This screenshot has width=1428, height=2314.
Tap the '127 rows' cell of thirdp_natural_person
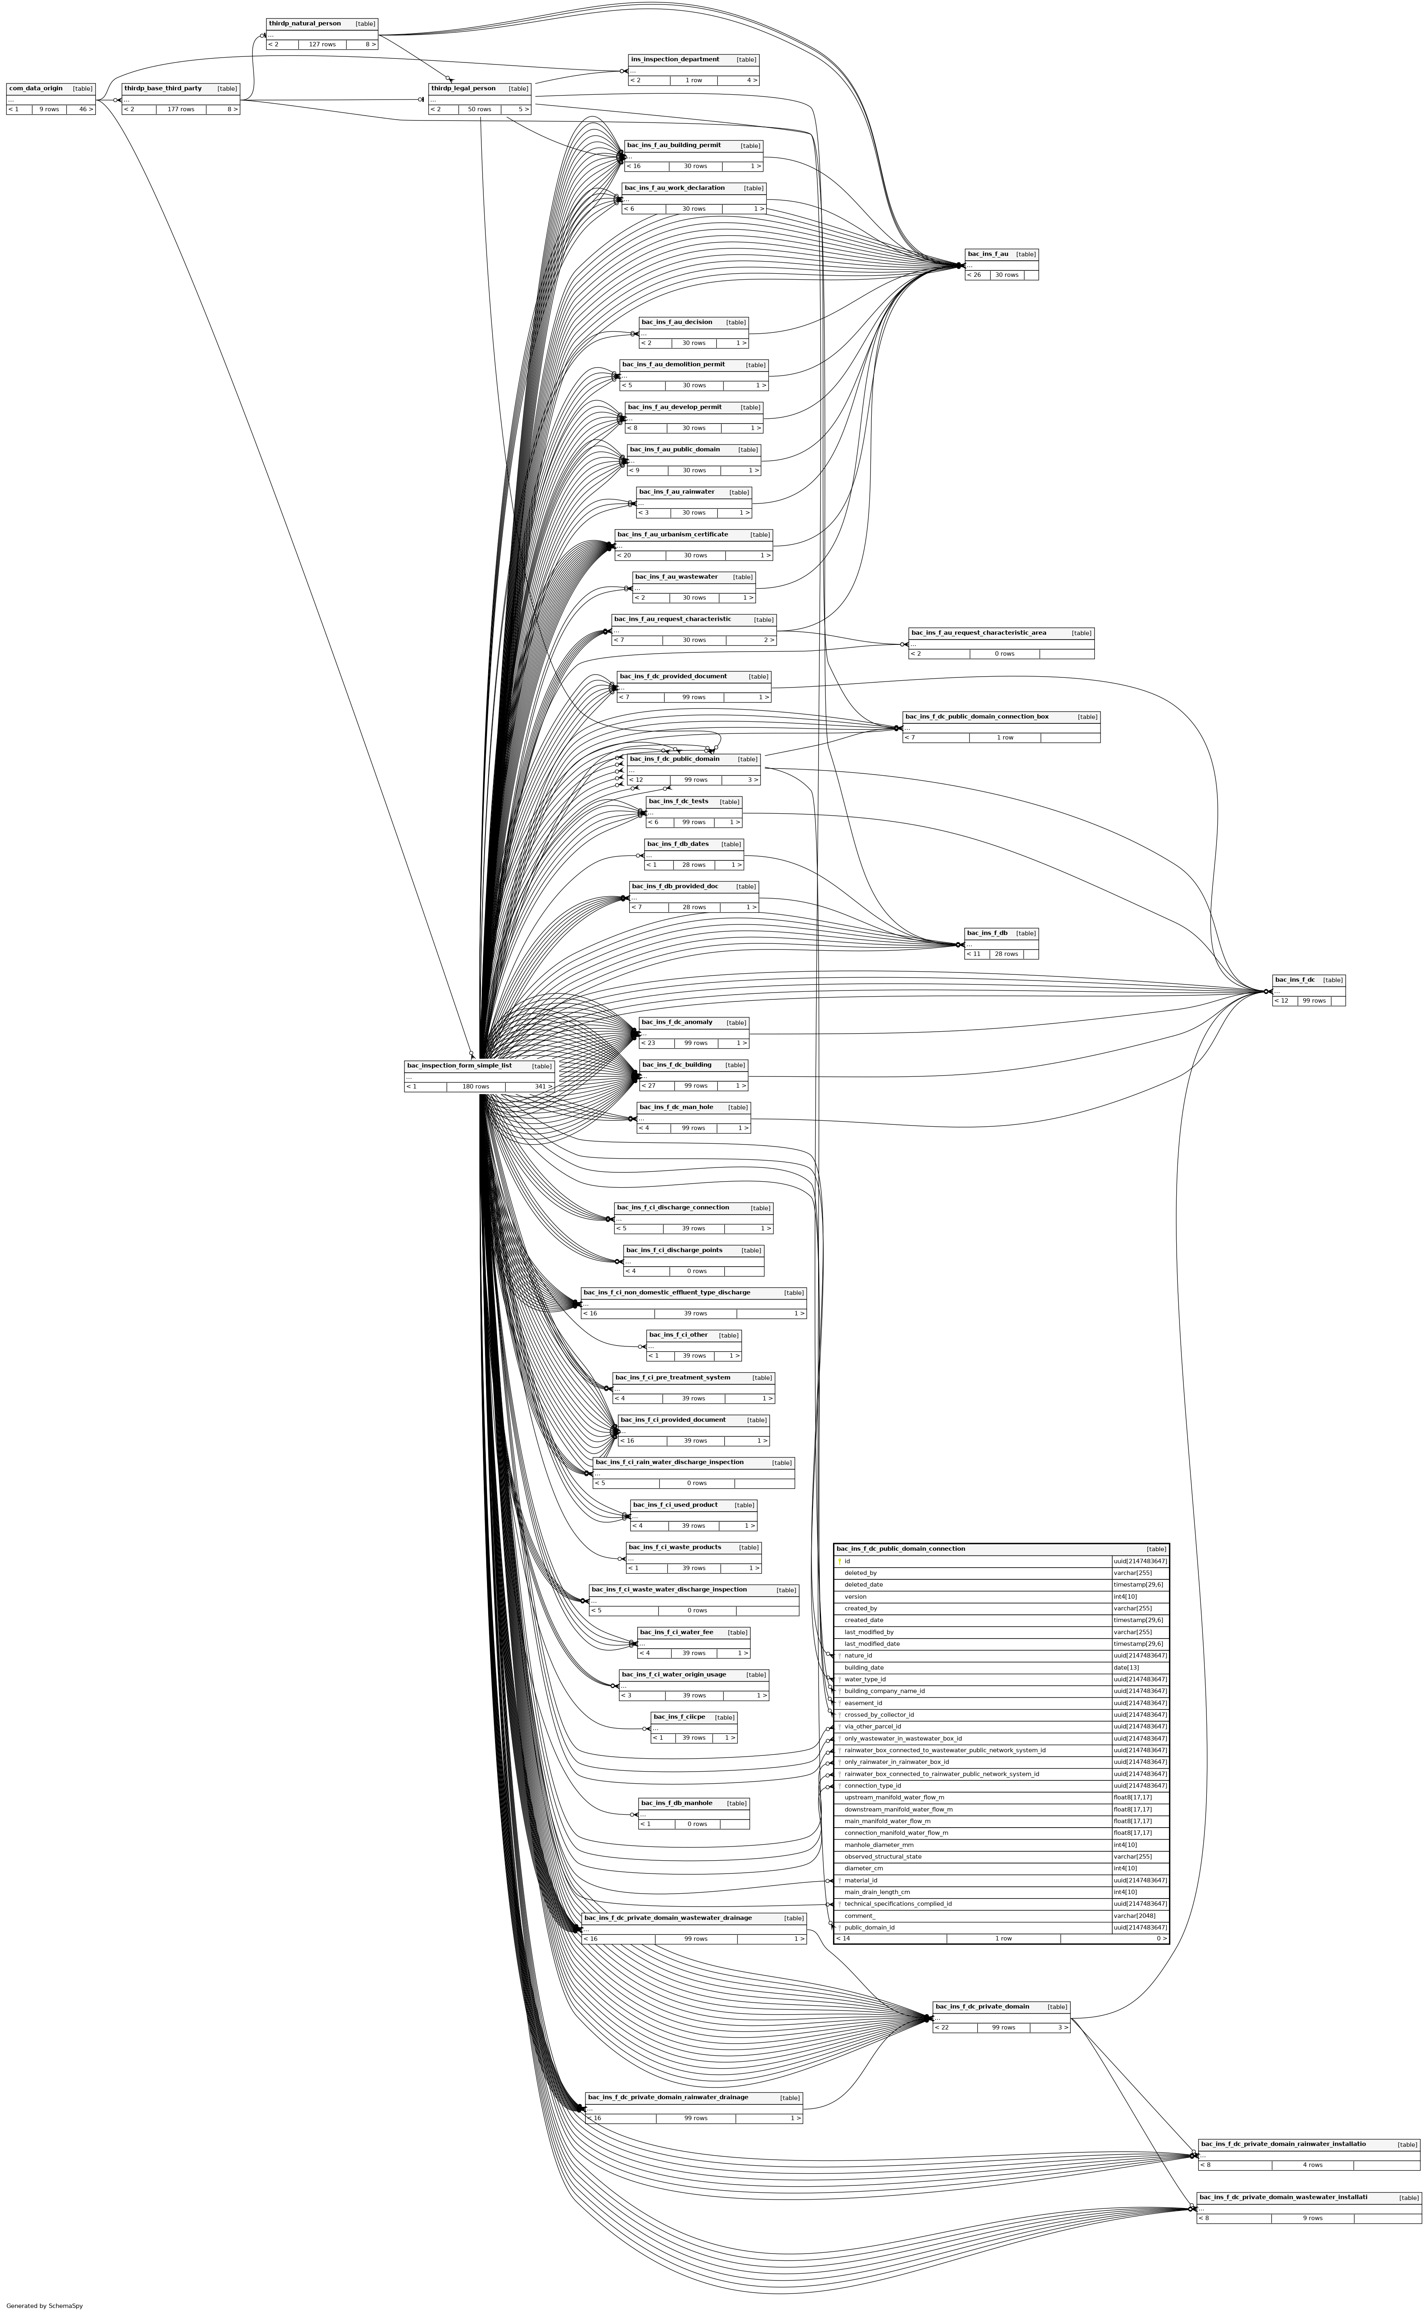click(x=322, y=44)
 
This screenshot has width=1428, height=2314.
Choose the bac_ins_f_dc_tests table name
click(x=678, y=801)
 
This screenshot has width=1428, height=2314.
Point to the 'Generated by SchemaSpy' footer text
click(x=44, y=2306)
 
